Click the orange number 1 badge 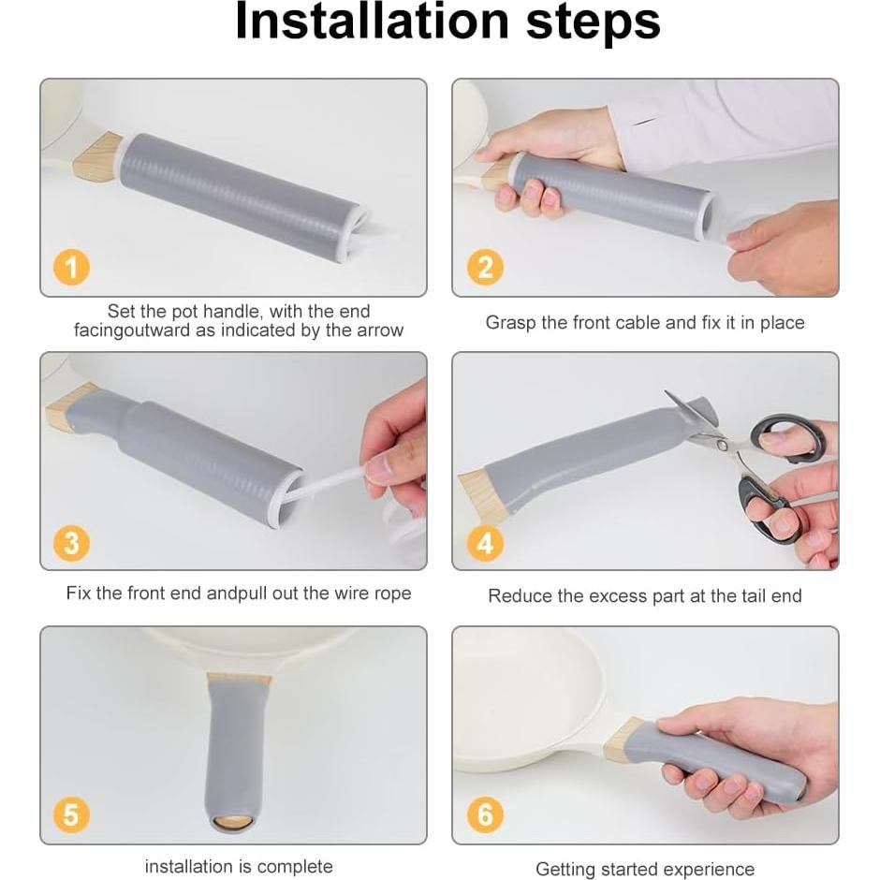[x=71, y=267]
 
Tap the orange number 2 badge [x=485, y=267]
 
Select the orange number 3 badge [x=71, y=543]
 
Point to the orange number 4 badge [x=485, y=543]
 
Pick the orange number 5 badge [x=71, y=814]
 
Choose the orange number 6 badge [x=485, y=814]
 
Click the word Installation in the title [x=372, y=22]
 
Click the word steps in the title [x=594, y=23]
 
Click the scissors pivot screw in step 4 [x=723, y=446]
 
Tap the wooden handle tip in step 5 [x=232, y=823]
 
